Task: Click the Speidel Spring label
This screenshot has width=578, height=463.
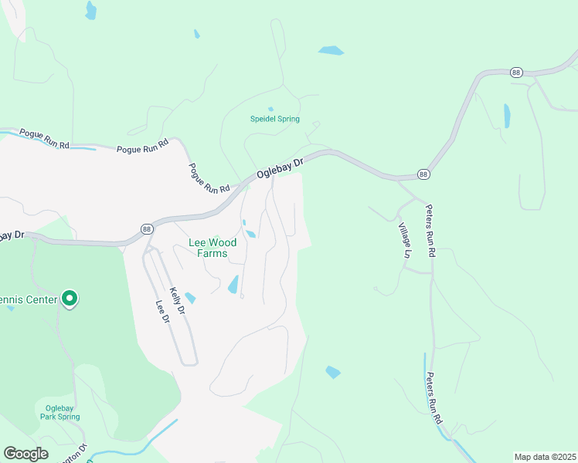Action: point(274,119)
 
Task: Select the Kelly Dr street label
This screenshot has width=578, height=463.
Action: point(178,300)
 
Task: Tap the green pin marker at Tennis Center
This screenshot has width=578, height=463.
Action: point(70,298)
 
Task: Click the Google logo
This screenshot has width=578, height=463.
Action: point(26,453)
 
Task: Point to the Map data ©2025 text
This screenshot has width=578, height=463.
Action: point(545,457)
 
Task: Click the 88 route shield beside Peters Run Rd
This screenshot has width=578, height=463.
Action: point(423,174)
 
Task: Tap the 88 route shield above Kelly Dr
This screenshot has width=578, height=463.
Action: point(147,228)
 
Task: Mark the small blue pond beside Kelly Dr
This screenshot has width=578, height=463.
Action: point(190,298)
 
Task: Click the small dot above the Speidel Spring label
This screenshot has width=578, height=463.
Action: point(270,109)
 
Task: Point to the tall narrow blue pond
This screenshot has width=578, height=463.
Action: point(507,116)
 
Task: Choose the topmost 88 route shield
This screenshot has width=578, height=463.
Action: point(516,72)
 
